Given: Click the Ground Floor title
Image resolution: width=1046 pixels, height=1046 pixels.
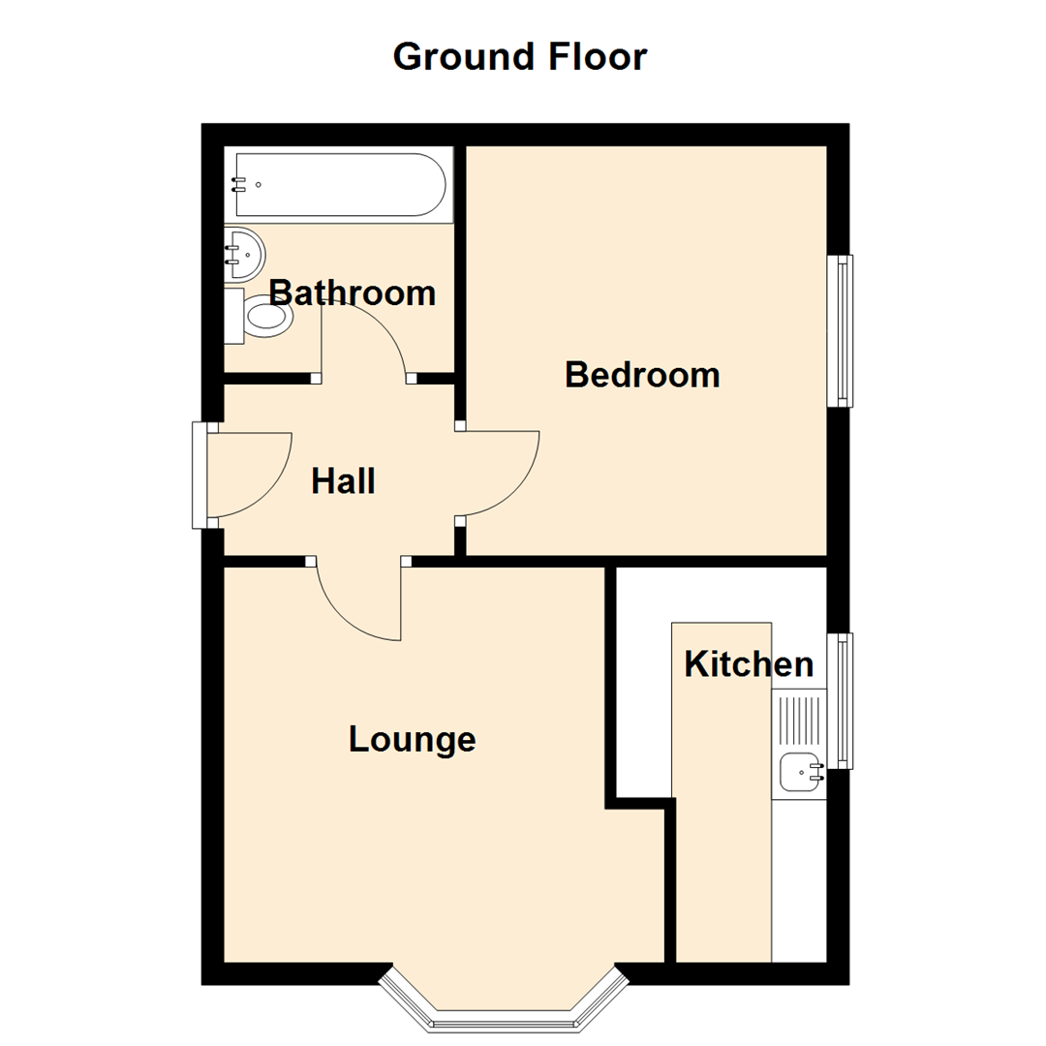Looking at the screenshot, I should [519, 57].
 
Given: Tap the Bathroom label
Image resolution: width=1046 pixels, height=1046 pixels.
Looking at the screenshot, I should [352, 292].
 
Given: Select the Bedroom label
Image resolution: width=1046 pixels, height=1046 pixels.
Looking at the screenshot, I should [642, 375].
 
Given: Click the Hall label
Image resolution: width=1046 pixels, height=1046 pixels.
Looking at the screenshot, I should [343, 481].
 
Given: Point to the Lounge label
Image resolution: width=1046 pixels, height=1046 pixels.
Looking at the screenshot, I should [413, 740].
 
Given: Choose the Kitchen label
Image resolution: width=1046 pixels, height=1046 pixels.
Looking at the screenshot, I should [748, 664].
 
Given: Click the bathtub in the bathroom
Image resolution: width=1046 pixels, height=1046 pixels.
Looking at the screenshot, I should [339, 185].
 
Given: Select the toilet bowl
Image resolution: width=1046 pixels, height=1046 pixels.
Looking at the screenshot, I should [267, 317].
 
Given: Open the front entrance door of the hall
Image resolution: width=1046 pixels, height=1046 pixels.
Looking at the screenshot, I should [247, 475].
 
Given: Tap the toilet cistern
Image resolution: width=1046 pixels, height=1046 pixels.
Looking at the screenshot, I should [233, 316].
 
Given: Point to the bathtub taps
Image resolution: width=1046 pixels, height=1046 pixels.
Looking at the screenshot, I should [239, 184].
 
